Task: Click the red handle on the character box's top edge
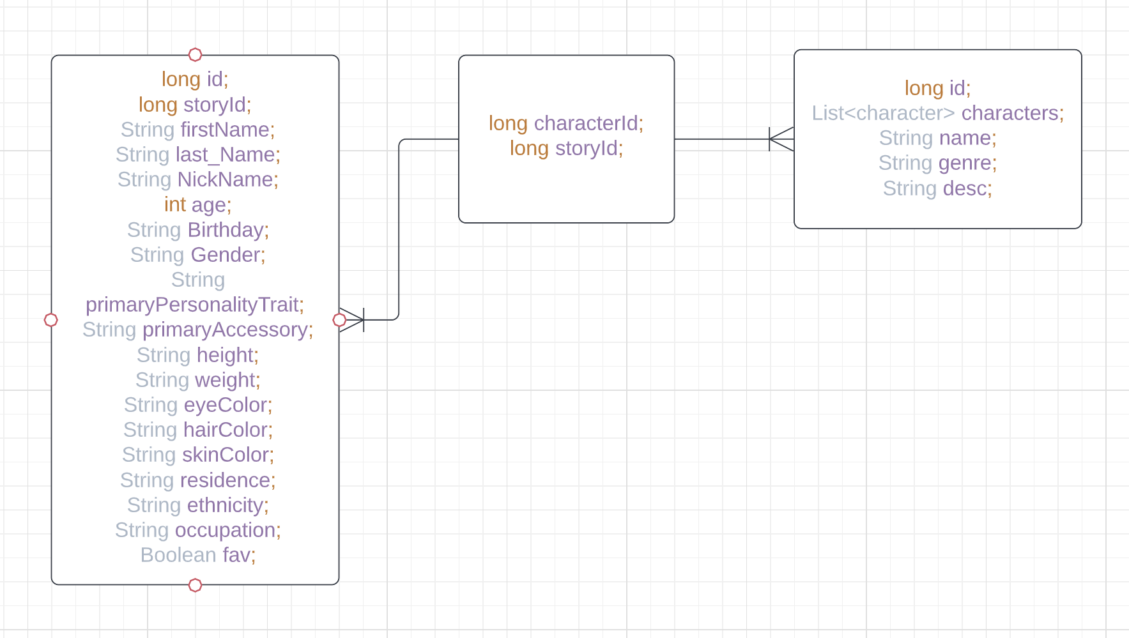click(x=196, y=55)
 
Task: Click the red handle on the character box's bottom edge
click(x=196, y=585)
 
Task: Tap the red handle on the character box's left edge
click(x=51, y=320)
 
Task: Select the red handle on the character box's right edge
click(x=340, y=320)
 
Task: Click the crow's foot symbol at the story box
click(x=781, y=139)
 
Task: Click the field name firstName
click(x=225, y=130)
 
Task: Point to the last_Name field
click(x=225, y=155)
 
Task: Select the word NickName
click(x=226, y=179)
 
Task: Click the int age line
click(x=197, y=205)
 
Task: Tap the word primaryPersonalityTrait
click(x=192, y=305)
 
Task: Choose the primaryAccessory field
click(x=225, y=330)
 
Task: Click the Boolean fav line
click(x=197, y=555)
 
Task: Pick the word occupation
click(x=226, y=530)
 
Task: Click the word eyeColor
click(x=226, y=405)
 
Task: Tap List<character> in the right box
click(x=883, y=113)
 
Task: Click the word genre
click(x=965, y=163)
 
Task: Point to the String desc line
click(x=937, y=188)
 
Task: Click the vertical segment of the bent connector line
click(x=399, y=230)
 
